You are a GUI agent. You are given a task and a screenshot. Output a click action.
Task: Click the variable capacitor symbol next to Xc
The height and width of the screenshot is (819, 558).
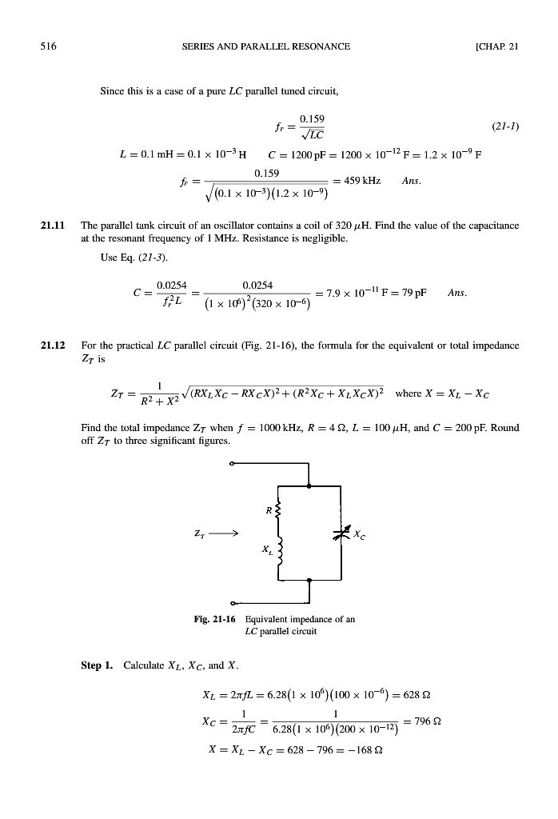341,532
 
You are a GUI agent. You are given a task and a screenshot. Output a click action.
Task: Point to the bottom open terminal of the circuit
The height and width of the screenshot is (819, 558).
233,602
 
